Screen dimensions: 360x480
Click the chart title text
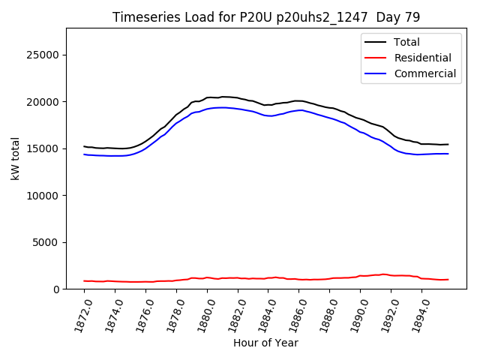click(x=266, y=17)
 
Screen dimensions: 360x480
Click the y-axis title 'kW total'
click(x=15, y=158)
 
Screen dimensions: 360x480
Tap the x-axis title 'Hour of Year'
click(x=265, y=343)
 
